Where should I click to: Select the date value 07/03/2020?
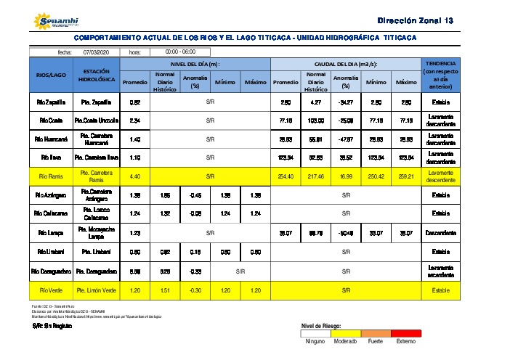pos(95,52)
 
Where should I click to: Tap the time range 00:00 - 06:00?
pos(180,52)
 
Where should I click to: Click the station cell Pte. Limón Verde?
pos(97,290)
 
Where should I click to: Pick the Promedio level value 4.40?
pos(134,176)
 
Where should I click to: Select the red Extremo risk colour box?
pos(406,332)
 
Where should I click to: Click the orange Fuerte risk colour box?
pos(376,332)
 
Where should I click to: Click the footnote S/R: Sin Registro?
pos(49,327)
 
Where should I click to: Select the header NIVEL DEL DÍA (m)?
pos(195,64)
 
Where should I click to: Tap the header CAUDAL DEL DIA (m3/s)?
pos(345,64)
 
